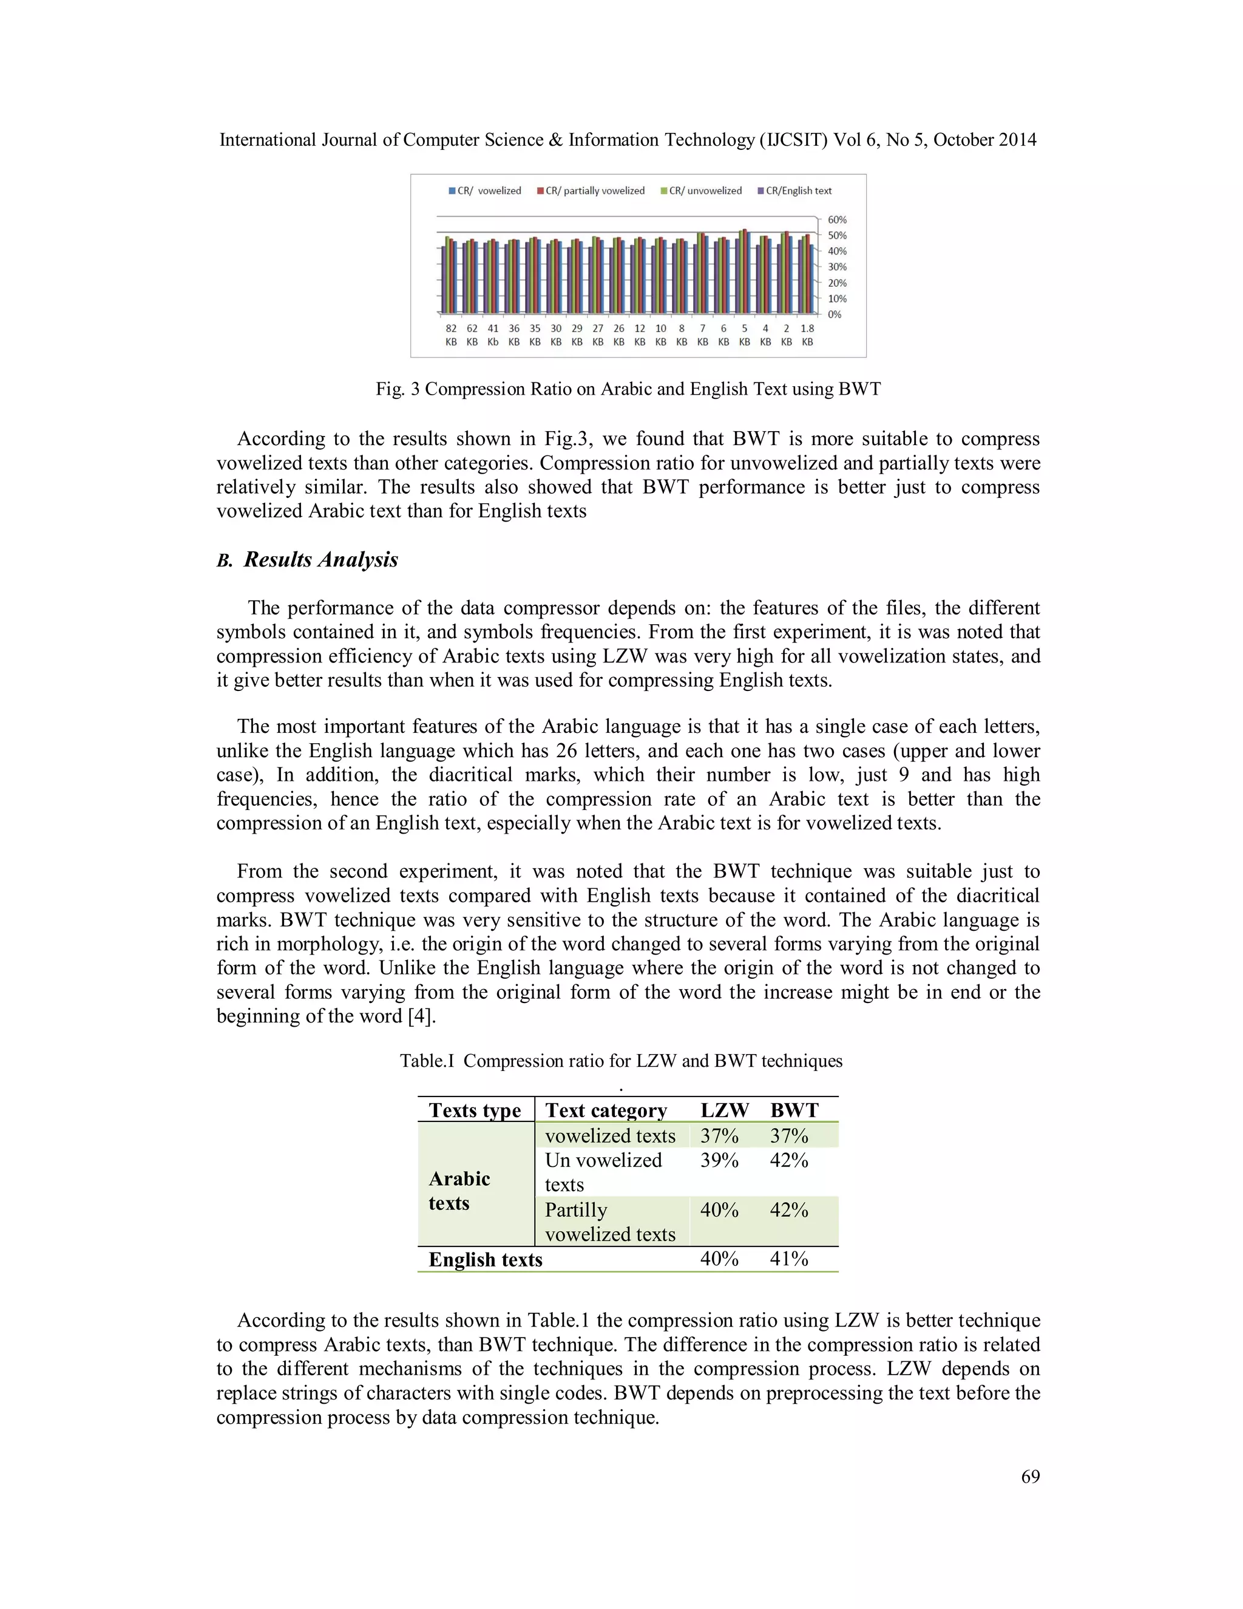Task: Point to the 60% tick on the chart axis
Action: [x=836, y=220]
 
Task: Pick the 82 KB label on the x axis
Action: [x=451, y=335]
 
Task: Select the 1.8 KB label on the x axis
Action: [x=807, y=335]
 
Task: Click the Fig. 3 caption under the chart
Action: [x=628, y=389]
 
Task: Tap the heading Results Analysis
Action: [x=320, y=560]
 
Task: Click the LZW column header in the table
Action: [x=724, y=1111]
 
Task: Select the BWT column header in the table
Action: [x=794, y=1111]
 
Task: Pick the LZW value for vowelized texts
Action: [x=719, y=1135]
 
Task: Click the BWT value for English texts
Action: [x=788, y=1259]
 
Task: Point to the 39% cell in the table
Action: [x=719, y=1160]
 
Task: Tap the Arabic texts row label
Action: [x=459, y=1191]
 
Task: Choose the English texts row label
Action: [x=486, y=1260]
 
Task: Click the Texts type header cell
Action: [x=475, y=1111]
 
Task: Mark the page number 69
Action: [x=1030, y=1477]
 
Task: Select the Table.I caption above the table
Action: [x=621, y=1061]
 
